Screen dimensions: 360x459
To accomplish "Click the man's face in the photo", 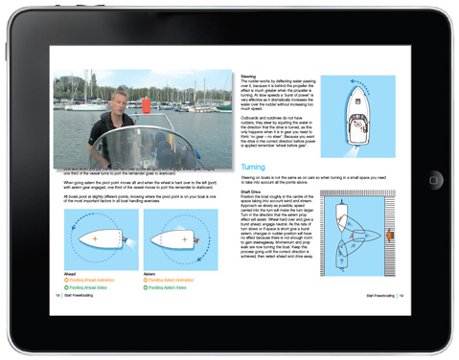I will pyautogui.click(x=117, y=105).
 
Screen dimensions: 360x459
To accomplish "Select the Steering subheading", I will pyautogui.click(x=248, y=72).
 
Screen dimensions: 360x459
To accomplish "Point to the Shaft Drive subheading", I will pyautogui.click(x=253, y=190).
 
